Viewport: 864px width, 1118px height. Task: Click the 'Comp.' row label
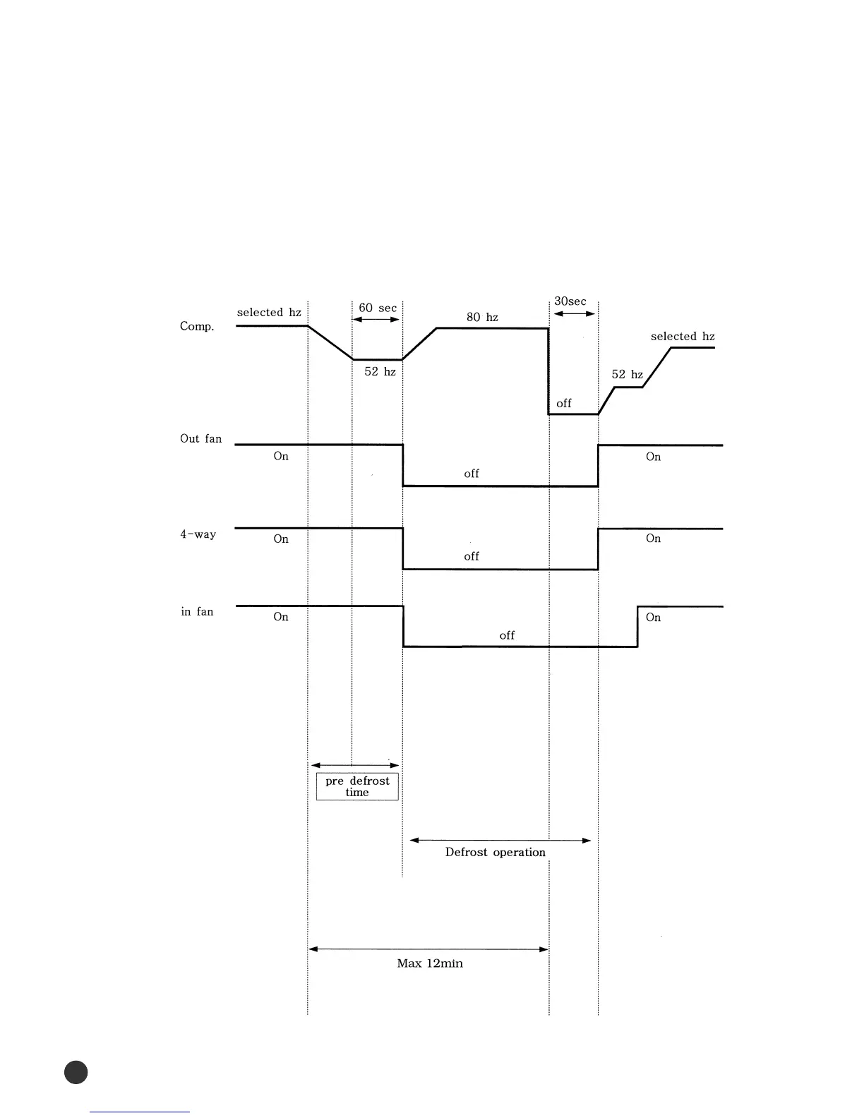click(197, 327)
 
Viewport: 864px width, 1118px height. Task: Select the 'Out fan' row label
click(200, 439)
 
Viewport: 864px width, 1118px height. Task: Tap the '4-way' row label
click(198, 534)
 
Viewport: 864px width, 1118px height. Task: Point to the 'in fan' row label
click(197, 612)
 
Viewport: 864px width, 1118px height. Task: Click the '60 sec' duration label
click(378, 308)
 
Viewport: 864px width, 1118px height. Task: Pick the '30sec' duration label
click(570, 301)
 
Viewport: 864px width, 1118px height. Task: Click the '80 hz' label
click(482, 318)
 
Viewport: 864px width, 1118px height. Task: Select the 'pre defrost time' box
click(357, 786)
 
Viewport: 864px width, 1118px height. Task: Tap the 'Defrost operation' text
click(496, 853)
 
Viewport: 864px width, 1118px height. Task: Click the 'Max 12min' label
click(430, 964)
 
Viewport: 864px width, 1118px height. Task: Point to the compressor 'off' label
click(564, 404)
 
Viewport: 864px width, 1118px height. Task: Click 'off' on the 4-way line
click(472, 557)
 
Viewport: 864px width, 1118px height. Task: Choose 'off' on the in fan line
click(507, 636)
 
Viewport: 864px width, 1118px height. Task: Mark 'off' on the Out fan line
click(472, 474)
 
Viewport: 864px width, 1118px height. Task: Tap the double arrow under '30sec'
click(574, 314)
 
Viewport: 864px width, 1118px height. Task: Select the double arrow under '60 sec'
click(376, 320)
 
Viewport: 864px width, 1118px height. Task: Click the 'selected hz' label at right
click(683, 337)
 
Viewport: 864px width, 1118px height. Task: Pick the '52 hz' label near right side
click(628, 375)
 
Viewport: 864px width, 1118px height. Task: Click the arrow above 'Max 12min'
click(428, 949)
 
